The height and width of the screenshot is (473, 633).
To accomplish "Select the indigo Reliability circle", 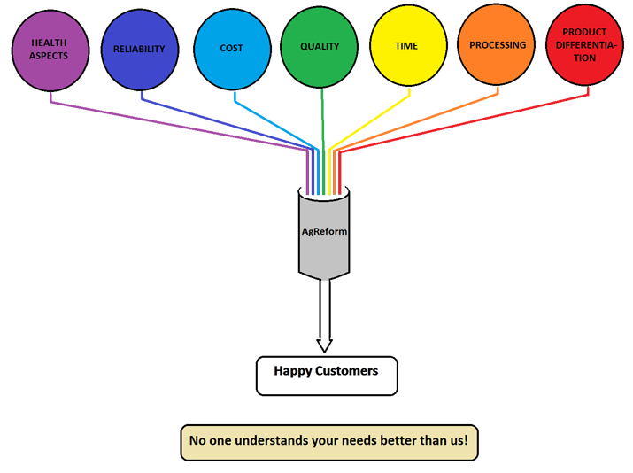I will click(x=139, y=48).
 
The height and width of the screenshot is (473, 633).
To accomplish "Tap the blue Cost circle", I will click(x=232, y=48).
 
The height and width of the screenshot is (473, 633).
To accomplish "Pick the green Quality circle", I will click(x=320, y=46).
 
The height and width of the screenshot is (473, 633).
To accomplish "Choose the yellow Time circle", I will click(x=406, y=46).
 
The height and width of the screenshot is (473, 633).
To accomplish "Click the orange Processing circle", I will click(x=497, y=46).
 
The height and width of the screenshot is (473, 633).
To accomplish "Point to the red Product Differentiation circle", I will click(x=584, y=46).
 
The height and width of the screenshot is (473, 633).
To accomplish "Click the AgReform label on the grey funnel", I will click(x=324, y=232).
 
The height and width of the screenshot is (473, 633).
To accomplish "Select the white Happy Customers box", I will click(x=326, y=375).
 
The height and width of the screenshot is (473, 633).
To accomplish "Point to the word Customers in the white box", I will click(x=349, y=371).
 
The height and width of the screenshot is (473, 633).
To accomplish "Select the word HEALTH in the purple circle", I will click(x=49, y=43).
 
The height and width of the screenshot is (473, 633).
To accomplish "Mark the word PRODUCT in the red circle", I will click(x=584, y=32).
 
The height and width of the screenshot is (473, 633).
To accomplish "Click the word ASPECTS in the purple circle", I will click(x=49, y=57).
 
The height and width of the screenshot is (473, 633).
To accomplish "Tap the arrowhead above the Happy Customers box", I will click(x=325, y=344).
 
